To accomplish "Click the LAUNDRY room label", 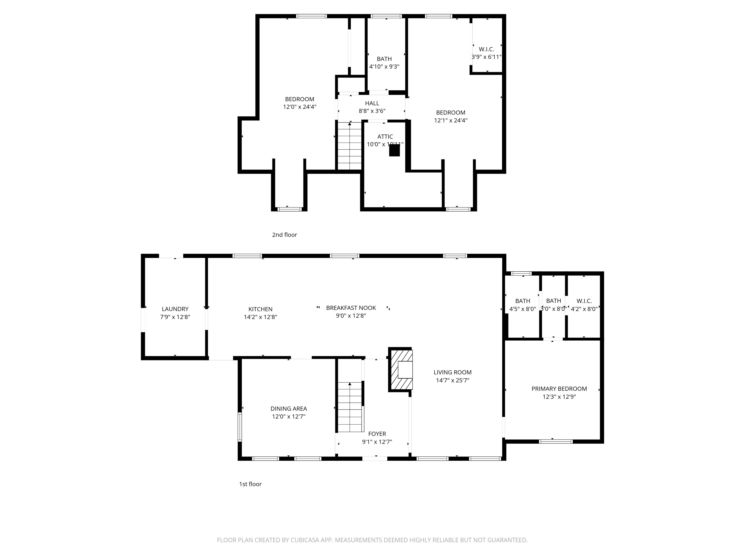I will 175,309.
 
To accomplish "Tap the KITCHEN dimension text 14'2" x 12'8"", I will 260,317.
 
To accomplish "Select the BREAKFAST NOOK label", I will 351,308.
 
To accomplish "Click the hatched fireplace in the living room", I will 401,370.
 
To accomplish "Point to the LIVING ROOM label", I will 452,372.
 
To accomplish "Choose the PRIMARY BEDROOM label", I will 559,389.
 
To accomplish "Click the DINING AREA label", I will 289,408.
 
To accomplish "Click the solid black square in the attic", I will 394,150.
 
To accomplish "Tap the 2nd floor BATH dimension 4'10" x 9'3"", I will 384,67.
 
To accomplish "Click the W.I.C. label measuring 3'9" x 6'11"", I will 486,49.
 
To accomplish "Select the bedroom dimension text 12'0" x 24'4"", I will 299,107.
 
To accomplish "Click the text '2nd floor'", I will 284,235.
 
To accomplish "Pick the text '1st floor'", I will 250,484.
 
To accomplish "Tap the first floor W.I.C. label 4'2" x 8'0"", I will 584,301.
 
